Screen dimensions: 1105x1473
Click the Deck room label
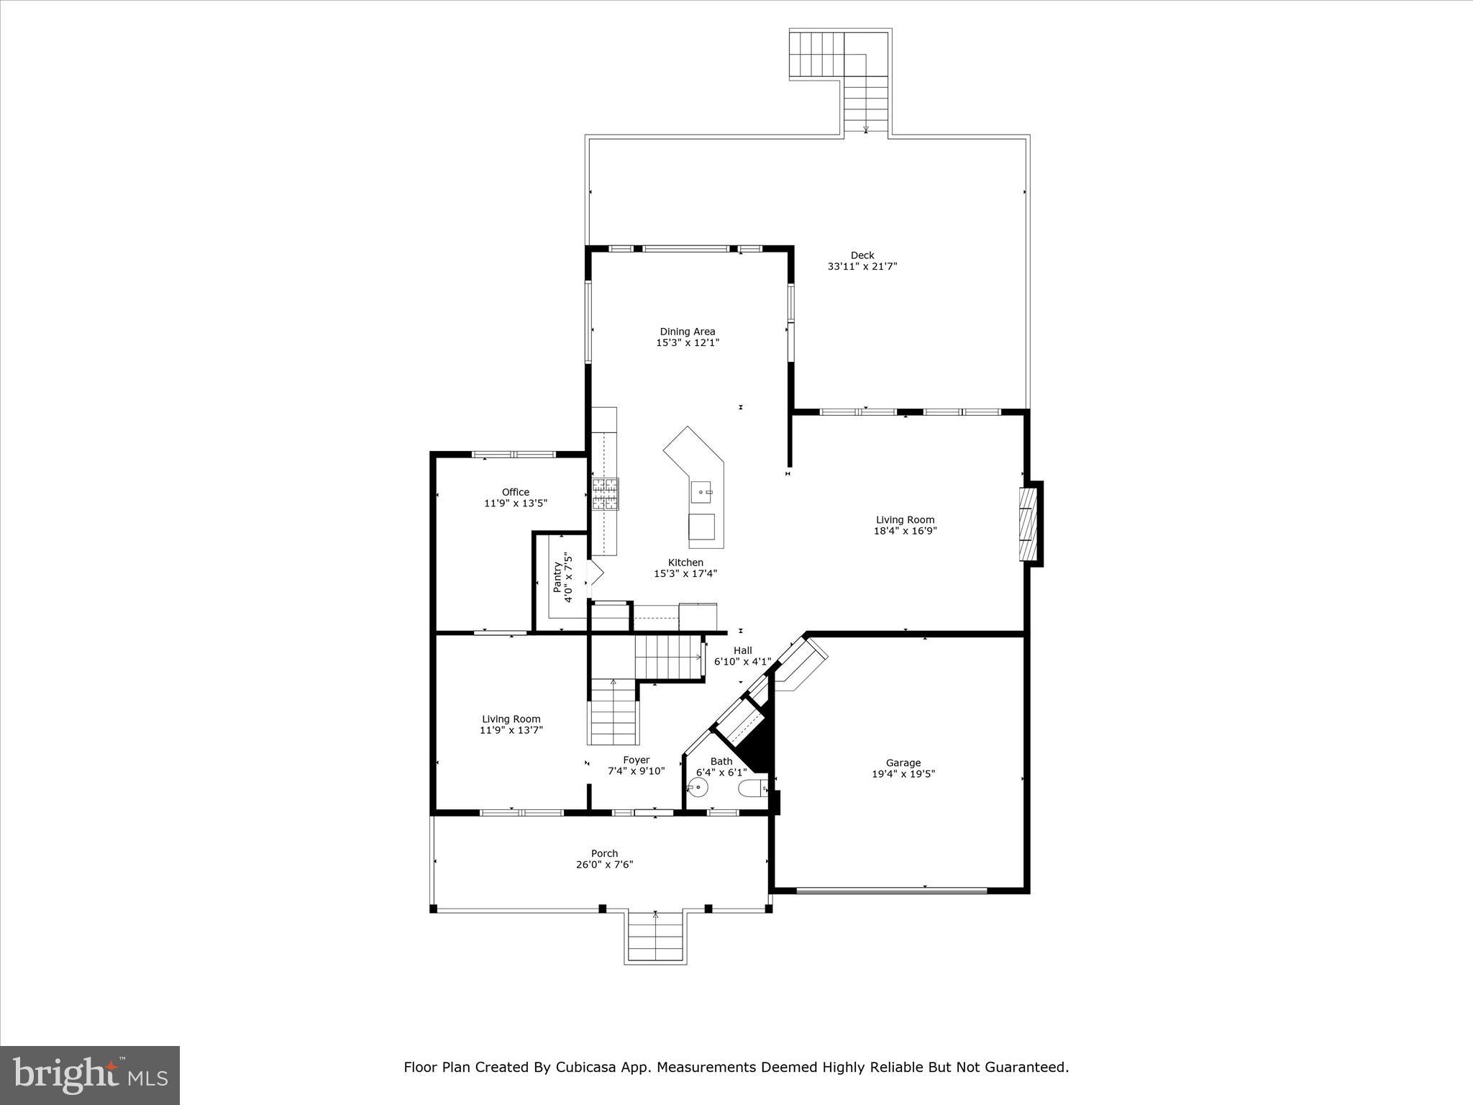[862, 255]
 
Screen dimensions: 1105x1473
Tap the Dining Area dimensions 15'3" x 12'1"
[687, 343]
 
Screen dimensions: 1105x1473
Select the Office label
[515, 492]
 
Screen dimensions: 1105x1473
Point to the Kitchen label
[685, 563]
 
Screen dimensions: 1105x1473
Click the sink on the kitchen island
[702, 493]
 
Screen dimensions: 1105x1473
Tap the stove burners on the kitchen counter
[605, 494]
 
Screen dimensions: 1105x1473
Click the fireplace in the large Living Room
[1030, 523]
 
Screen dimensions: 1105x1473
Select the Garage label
[903, 763]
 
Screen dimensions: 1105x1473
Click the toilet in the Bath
[752, 788]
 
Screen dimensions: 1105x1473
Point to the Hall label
[742, 650]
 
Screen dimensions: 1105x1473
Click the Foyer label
[636, 760]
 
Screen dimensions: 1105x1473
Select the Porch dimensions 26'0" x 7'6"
[604, 865]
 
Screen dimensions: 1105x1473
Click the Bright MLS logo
[90, 1076]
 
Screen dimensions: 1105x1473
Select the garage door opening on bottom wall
[892, 891]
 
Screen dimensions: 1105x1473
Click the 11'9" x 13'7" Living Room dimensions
[511, 730]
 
